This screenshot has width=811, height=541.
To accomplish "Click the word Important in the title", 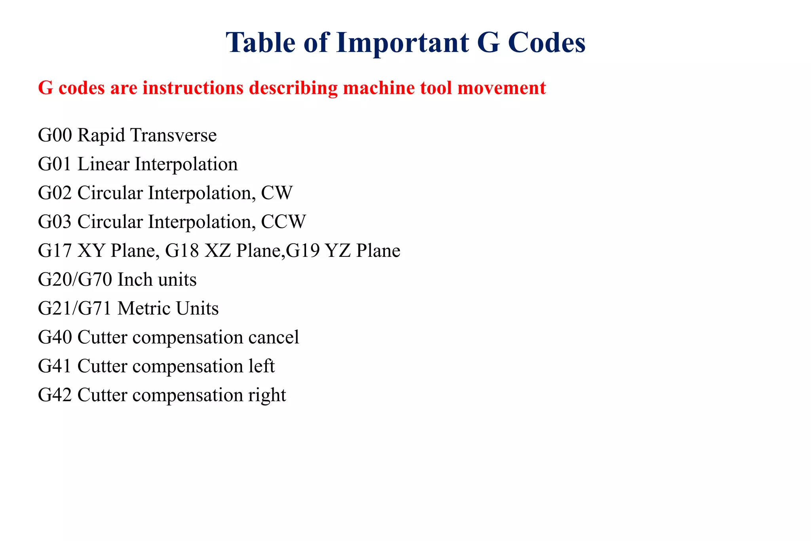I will tap(402, 43).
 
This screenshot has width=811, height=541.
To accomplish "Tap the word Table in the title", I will tap(261, 42).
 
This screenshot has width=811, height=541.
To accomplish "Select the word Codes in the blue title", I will tap(546, 42).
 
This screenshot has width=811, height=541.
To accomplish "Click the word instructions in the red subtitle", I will tap(193, 88).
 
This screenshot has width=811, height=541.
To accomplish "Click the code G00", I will tap(55, 136).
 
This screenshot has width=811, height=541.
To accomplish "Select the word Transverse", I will tap(174, 136).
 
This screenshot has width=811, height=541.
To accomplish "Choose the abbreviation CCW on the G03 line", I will tap(284, 222).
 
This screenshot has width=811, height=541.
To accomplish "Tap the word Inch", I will tap(135, 280).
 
